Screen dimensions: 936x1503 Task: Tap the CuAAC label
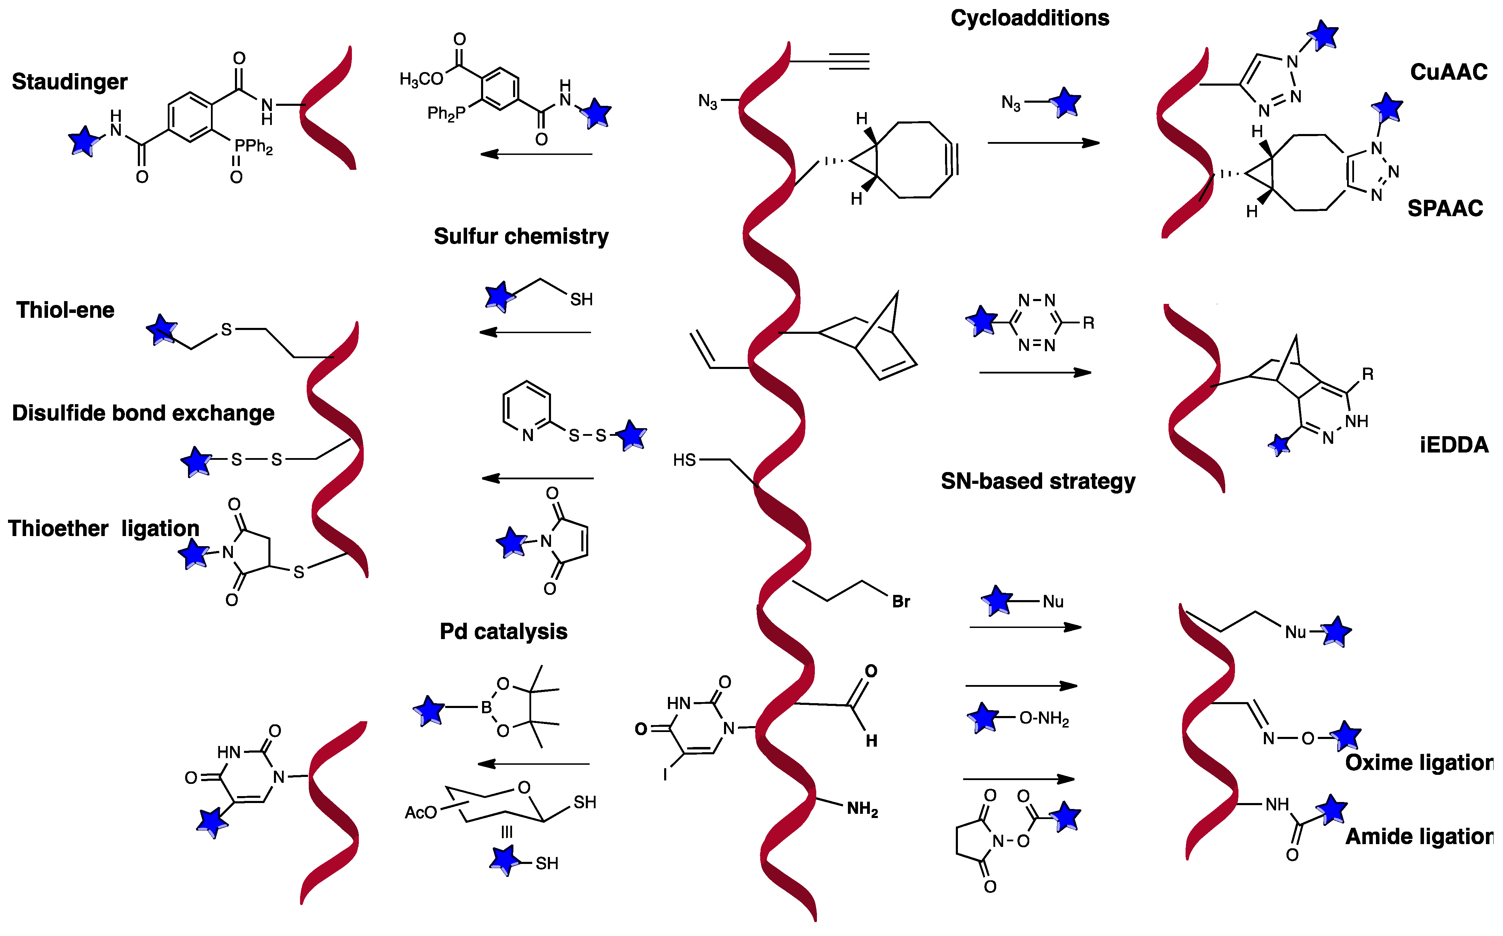1448,72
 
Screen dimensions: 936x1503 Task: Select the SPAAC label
1445,209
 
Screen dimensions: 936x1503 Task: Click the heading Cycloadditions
1030,18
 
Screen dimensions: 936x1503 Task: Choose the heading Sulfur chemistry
521,236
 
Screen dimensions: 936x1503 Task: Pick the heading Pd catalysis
503,631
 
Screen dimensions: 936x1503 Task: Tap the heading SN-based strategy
1038,481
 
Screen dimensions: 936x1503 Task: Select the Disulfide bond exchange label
143,413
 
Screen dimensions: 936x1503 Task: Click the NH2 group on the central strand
862,809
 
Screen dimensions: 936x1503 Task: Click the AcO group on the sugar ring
420,812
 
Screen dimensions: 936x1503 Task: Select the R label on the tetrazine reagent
1088,323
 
